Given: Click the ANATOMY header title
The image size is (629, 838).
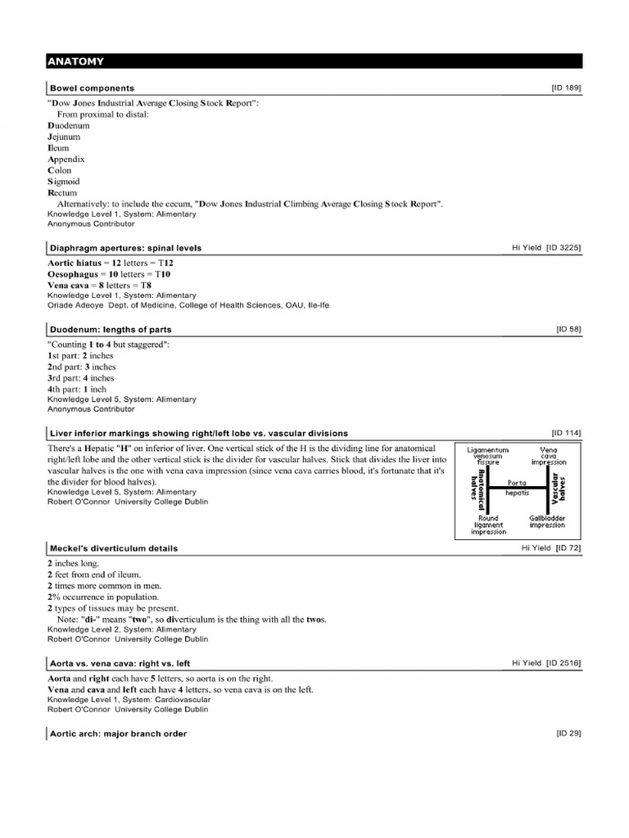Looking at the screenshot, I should [75, 61].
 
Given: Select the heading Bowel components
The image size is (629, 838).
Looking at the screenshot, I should [92, 88].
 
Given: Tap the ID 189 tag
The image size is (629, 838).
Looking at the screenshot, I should [567, 87].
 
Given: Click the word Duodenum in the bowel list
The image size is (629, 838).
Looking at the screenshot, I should [69, 126].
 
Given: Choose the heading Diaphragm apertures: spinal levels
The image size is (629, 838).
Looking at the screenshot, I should [125, 247].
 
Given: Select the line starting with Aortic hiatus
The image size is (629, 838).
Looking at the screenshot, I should [111, 263].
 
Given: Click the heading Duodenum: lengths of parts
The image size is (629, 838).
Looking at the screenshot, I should [111, 329].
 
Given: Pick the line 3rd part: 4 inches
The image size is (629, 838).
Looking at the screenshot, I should [81, 378].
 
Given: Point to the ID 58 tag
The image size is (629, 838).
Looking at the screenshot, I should [568, 328].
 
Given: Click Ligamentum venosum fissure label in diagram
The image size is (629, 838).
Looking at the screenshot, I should [488, 456].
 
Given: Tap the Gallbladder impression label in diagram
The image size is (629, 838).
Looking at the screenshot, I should [547, 521].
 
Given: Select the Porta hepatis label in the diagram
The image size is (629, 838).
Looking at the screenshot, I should [518, 488].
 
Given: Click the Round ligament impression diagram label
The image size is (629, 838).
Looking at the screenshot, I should [488, 525].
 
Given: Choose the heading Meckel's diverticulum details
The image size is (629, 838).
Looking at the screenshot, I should [113, 547].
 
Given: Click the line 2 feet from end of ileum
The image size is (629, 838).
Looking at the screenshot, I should [94, 575].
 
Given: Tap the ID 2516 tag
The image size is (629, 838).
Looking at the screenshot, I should [563, 662].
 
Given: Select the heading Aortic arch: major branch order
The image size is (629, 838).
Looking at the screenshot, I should [118, 733].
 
